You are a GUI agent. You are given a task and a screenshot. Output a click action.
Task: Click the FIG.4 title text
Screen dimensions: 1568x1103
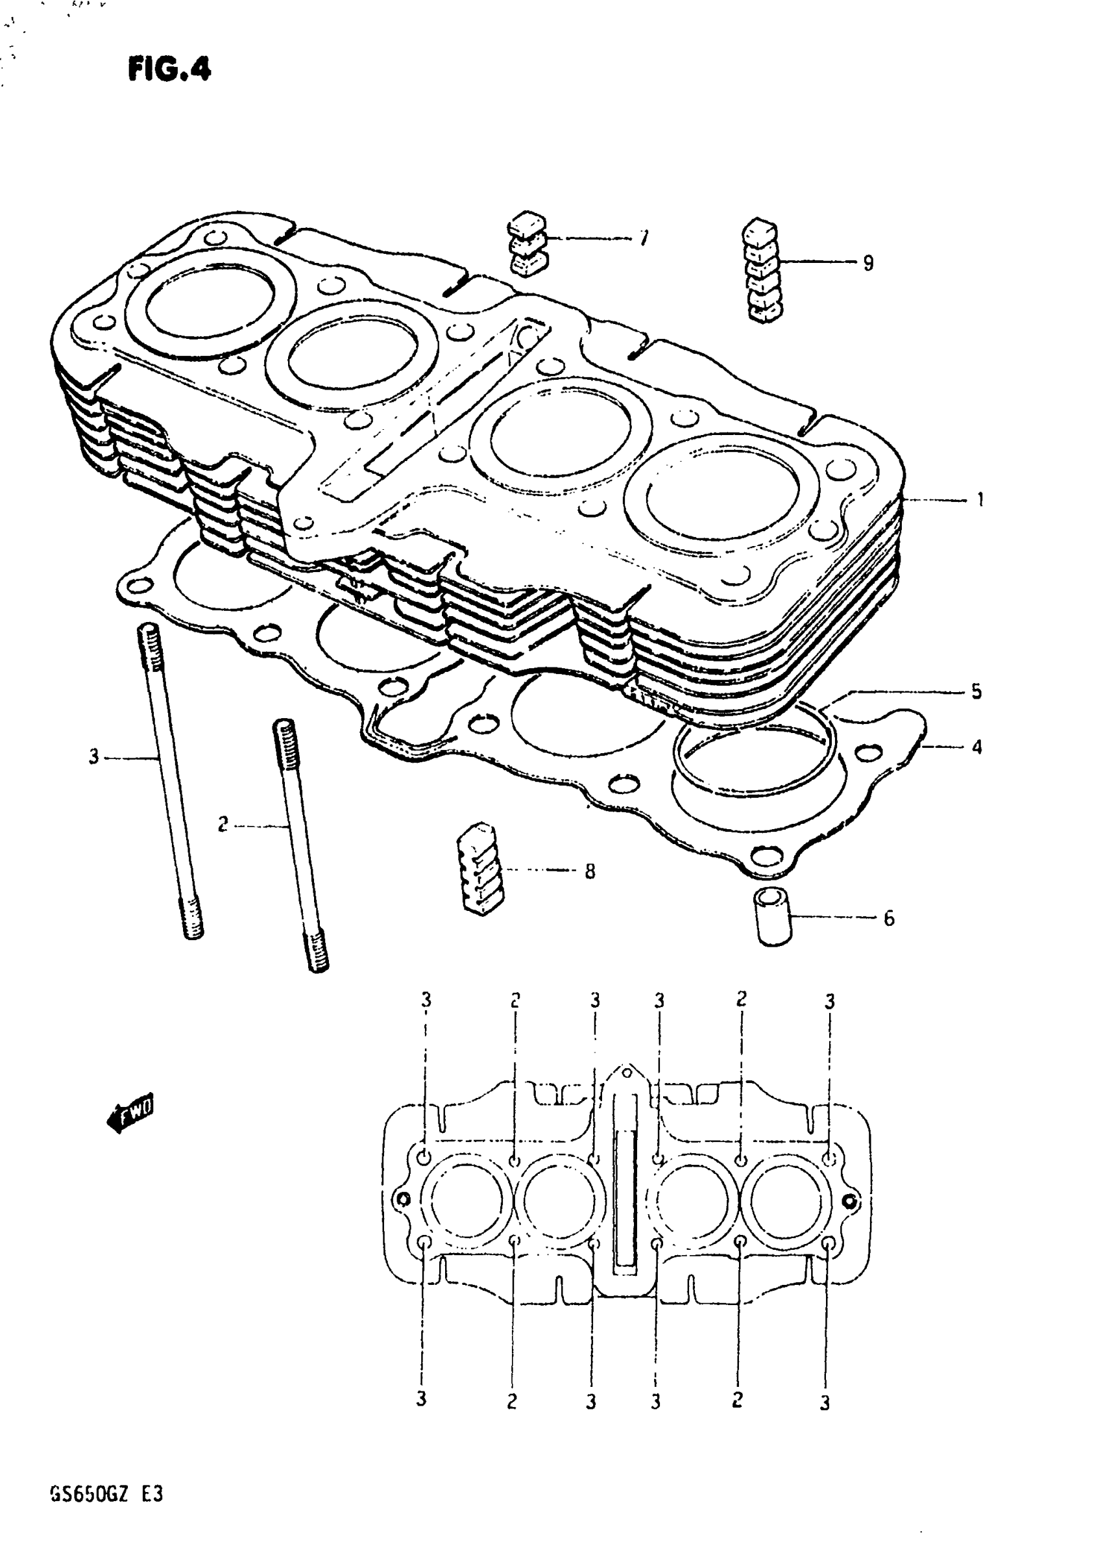pos(169,69)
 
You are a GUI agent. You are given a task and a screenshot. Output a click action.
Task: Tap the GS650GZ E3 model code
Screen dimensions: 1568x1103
pos(106,1494)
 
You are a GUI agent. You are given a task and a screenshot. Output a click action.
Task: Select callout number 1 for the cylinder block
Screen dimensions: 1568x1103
pos(980,500)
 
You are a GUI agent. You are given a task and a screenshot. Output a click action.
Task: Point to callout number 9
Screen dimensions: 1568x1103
pos(867,263)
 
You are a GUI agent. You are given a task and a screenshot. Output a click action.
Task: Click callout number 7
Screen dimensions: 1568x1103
pos(644,238)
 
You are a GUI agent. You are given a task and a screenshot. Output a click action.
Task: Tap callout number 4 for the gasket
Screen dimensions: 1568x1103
pos(976,747)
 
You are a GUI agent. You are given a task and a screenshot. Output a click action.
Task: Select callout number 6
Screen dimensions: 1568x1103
pos(888,919)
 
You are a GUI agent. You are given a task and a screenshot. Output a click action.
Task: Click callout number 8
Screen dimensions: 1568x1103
pos(590,871)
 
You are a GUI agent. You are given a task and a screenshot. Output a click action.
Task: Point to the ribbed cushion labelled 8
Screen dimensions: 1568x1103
pos(481,868)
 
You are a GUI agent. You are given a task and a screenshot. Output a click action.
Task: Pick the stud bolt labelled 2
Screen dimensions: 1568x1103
pos(299,843)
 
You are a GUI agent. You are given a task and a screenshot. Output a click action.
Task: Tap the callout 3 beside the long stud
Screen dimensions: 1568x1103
pos(93,756)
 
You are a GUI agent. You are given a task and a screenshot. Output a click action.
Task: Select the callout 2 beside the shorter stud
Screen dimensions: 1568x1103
pos(223,825)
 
